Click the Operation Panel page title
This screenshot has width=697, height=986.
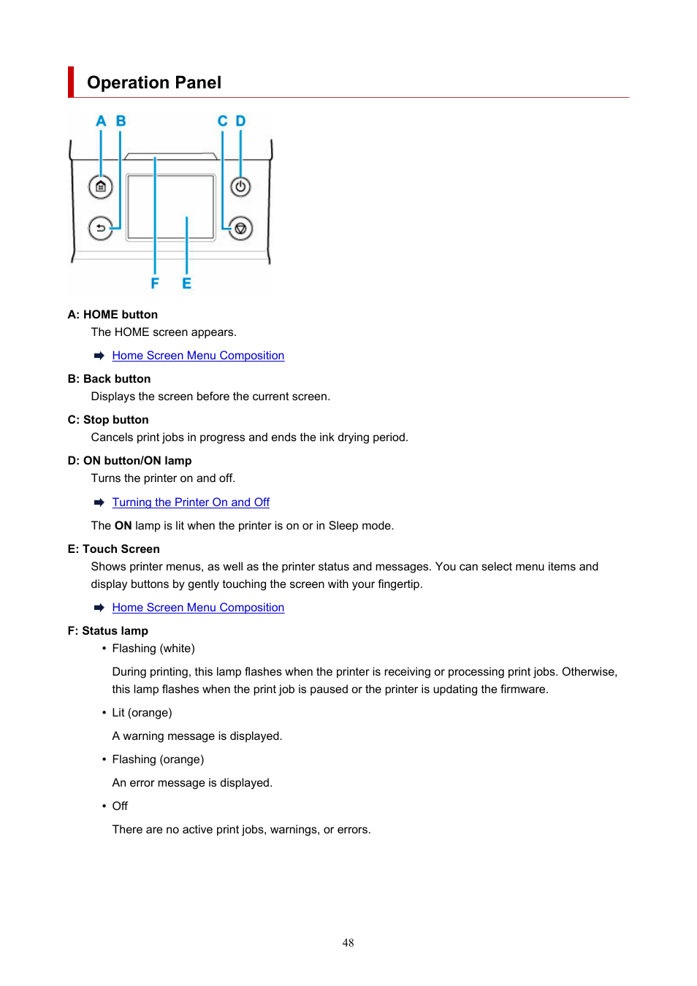tap(154, 83)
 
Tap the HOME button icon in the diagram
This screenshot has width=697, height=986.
tap(101, 187)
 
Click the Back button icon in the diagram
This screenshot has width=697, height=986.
tap(101, 228)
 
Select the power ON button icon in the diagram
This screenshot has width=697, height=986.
tap(240, 187)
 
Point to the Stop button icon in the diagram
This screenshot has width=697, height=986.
tap(240, 228)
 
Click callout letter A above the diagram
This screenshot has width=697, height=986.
tap(101, 121)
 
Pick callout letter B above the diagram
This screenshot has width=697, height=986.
tap(121, 121)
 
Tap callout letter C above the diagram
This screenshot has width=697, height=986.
tap(222, 121)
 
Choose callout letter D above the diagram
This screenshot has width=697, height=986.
tap(240, 121)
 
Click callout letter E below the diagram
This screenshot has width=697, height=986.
tap(186, 283)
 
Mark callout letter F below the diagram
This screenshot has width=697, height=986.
tap(155, 283)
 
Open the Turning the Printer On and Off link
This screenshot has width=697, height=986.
tap(191, 502)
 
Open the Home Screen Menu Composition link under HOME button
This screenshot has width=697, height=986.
tap(198, 356)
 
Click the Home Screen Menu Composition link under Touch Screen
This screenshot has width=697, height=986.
tap(198, 608)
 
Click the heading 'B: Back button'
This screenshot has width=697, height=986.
tap(109, 379)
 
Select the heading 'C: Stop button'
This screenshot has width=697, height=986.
tap(108, 420)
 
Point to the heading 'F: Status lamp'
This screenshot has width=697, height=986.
tap(107, 631)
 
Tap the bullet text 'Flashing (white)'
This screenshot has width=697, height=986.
tap(153, 649)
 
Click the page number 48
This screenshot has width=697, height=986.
tap(348, 943)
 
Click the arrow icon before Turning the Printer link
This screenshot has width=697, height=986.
tap(99, 502)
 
